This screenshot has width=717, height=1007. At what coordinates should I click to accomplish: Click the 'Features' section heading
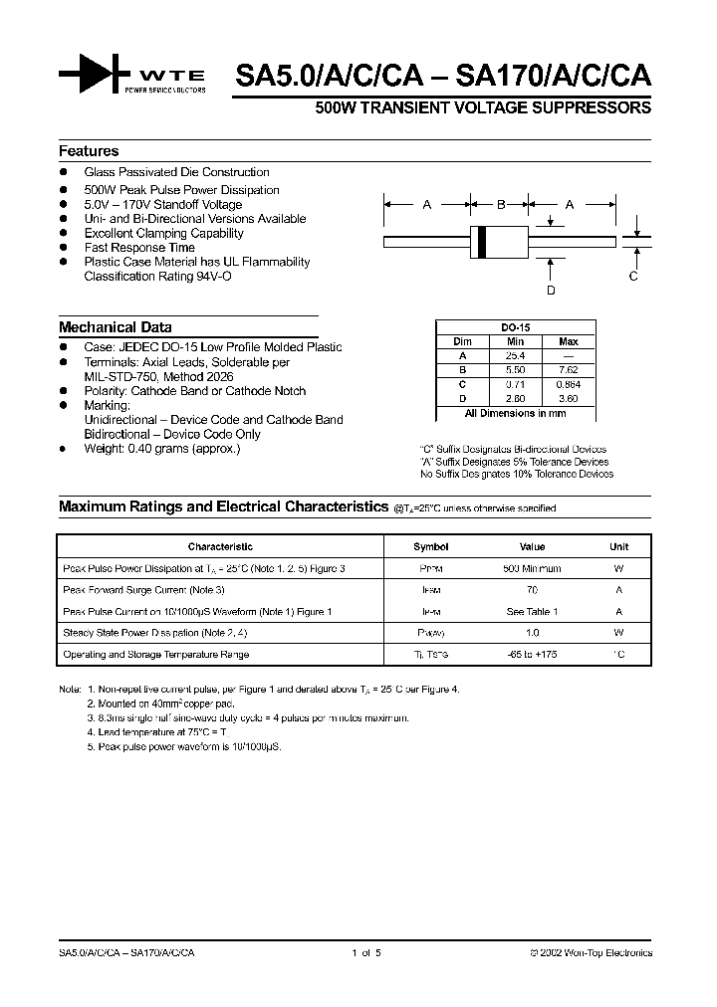[x=89, y=151]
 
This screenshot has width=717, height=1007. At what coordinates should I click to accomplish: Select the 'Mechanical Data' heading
[x=115, y=326]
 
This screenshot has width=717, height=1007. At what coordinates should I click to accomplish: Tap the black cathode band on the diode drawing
[x=483, y=240]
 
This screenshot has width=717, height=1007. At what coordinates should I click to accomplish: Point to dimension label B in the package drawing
[x=501, y=204]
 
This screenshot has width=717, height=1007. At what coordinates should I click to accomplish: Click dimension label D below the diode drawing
[x=551, y=290]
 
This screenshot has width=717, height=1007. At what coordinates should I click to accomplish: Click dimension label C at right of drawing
[x=632, y=277]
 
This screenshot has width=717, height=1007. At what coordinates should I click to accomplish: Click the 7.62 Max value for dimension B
[x=568, y=369]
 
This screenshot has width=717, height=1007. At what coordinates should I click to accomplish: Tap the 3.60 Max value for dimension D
[x=568, y=398]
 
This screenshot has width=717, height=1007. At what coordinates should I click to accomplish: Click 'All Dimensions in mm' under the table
[x=515, y=413]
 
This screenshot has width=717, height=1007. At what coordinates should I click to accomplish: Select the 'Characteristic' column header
[x=220, y=546]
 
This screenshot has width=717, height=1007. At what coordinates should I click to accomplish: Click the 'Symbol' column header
[x=431, y=546]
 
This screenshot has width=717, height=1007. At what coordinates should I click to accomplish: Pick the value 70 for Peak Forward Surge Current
[x=533, y=590]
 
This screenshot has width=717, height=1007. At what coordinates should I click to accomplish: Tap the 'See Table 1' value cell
[x=533, y=612]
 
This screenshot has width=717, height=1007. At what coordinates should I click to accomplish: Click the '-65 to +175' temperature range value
[x=533, y=655]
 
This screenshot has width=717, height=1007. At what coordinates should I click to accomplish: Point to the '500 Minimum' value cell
[x=533, y=568]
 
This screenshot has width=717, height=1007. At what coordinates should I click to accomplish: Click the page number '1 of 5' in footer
[x=366, y=952]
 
